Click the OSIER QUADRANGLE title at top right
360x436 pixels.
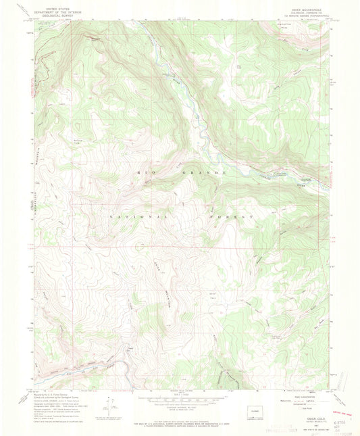315,6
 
